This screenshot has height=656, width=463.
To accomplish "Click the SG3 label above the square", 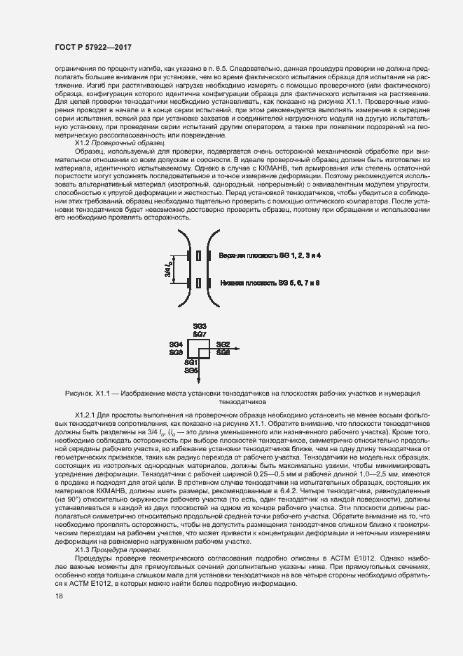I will pyautogui.click(x=200, y=327).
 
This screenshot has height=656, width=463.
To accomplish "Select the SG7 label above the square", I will pyautogui.click(x=200, y=335).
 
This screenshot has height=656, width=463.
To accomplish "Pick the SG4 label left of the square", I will pyautogui.click(x=177, y=344).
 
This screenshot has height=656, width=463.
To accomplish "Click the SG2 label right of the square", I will pyautogui.click(x=223, y=344).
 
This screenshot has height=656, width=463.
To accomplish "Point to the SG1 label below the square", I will pyautogui.click(x=192, y=361).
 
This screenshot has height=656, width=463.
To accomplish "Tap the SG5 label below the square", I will pyautogui.click(x=192, y=369).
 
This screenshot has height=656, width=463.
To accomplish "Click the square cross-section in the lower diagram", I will pyautogui.click(x=200, y=348).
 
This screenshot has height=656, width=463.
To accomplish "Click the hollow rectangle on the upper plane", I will pyautogui.click(x=200, y=257).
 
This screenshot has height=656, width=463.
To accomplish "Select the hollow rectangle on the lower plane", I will pyautogui.click(x=200, y=283).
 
